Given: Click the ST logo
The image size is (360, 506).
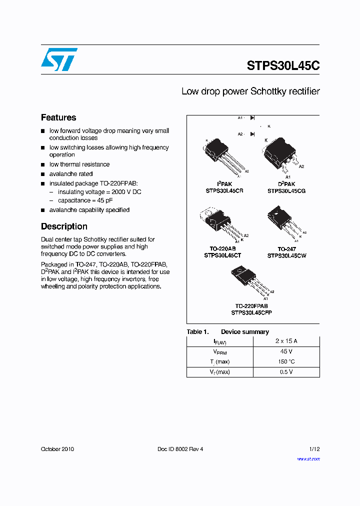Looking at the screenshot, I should tap(59, 59).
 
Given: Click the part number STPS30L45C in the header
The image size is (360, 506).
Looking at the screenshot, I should tap(283, 65).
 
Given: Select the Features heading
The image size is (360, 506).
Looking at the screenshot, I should tap(58, 117).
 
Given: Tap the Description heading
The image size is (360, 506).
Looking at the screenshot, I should tap(64, 226).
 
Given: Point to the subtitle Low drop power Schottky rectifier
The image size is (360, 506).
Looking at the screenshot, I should tap(250, 91).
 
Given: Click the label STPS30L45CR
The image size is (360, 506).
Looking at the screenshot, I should tap(224, 191).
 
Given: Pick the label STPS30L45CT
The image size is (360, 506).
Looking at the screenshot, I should tap(223, 255).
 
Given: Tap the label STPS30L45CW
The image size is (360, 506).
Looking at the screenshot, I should tap(287, 255).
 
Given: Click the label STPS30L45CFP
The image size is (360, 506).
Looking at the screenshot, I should tap(251, 312).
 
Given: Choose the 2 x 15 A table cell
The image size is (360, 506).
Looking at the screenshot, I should tap(286, 341).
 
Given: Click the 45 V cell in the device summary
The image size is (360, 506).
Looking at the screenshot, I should tap(286, 351).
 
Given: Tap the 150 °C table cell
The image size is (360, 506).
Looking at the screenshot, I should tap(286, 361).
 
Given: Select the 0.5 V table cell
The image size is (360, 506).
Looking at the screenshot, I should tap(286, 372).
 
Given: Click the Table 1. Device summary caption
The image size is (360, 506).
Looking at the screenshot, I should tap(227, 332).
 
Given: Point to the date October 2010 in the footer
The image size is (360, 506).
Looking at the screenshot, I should tap(57, 449).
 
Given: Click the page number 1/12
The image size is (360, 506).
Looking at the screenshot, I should tap(313, 449).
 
